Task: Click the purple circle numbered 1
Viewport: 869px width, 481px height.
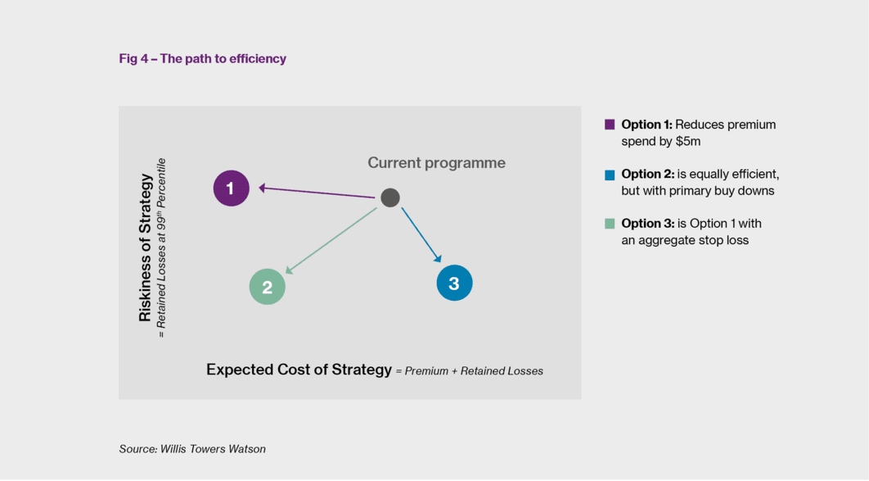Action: (x=231, y=188)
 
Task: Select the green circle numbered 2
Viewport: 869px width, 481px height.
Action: (x=267, y=287)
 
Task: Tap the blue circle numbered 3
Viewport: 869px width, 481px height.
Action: (x=454, y=283)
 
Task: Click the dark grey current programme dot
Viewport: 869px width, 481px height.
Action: (x=390, y=197)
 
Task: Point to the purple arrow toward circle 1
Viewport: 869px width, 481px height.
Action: (x=317, y=193)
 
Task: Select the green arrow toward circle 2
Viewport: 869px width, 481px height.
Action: (x=331, y=241)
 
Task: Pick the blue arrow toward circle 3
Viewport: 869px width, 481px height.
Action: (x=421, y=234)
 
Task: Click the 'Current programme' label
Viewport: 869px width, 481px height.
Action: (x=437, y=162)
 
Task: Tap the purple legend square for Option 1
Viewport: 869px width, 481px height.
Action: (x=610, y=125)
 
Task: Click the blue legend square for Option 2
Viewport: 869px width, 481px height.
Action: (x=610, y=175)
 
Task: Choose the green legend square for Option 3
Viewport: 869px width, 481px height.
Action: (x=610, y=224)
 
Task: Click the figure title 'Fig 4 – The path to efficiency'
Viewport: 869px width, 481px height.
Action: (x=202, y=59)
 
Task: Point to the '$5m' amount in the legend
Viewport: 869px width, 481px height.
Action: (x=688, y=142)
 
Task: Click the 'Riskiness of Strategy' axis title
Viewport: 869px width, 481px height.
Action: (x=145, y=247)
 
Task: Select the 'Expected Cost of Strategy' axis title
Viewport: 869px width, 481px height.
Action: (x=299, y=370)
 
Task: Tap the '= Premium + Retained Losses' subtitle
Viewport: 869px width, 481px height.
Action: (x=469, y=371)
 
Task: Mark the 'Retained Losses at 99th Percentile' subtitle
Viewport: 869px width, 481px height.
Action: (x=160, y=248)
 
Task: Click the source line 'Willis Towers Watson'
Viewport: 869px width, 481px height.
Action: (x=213, y=449)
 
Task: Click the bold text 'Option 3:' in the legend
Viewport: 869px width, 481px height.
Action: (x=646, y=224)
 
